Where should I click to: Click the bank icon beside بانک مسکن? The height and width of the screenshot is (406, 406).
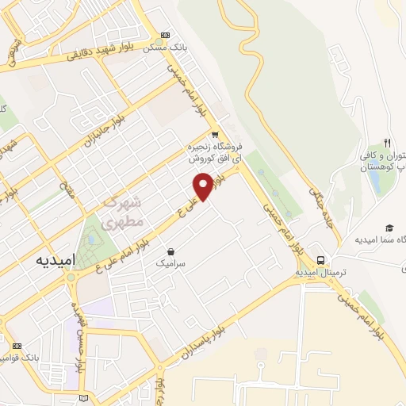(x=165, y=35)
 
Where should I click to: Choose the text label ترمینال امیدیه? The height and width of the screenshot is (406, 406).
(x=323, y=272)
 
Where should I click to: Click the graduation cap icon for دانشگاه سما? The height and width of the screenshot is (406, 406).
(x=389, y=228)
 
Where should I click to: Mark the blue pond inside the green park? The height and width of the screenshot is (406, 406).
(x=94, y=237)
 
